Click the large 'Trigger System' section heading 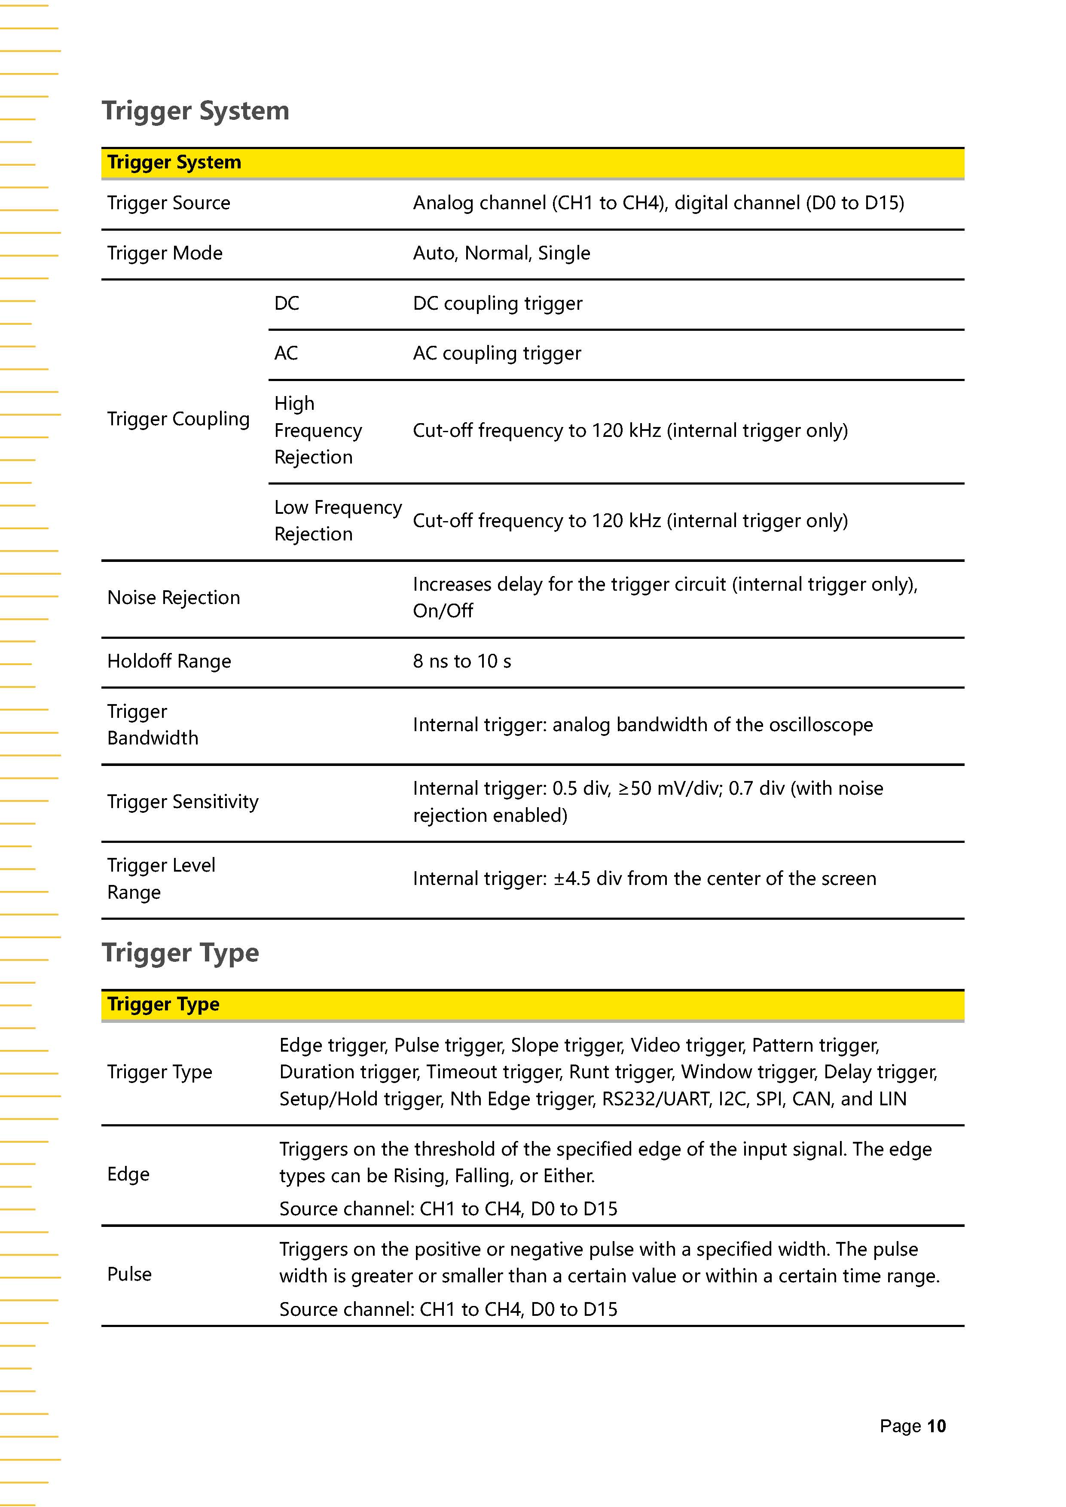coord(195,110)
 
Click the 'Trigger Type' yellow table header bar coord(531,1004)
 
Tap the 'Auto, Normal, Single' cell coord(501,253)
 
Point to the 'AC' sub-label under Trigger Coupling coord(286,353)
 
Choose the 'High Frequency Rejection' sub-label coord(318,430)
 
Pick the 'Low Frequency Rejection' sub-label coord(337,521)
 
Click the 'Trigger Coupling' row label coord(178,419)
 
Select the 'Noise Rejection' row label coord(173,597)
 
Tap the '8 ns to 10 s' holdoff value coord(461,661)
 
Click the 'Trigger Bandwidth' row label coord(152,725)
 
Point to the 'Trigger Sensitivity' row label coord(183,802)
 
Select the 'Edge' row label coord(128,1174)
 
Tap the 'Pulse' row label coord(129,1274)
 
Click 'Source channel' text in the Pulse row coord(345,1309)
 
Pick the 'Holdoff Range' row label coord(169,661)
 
